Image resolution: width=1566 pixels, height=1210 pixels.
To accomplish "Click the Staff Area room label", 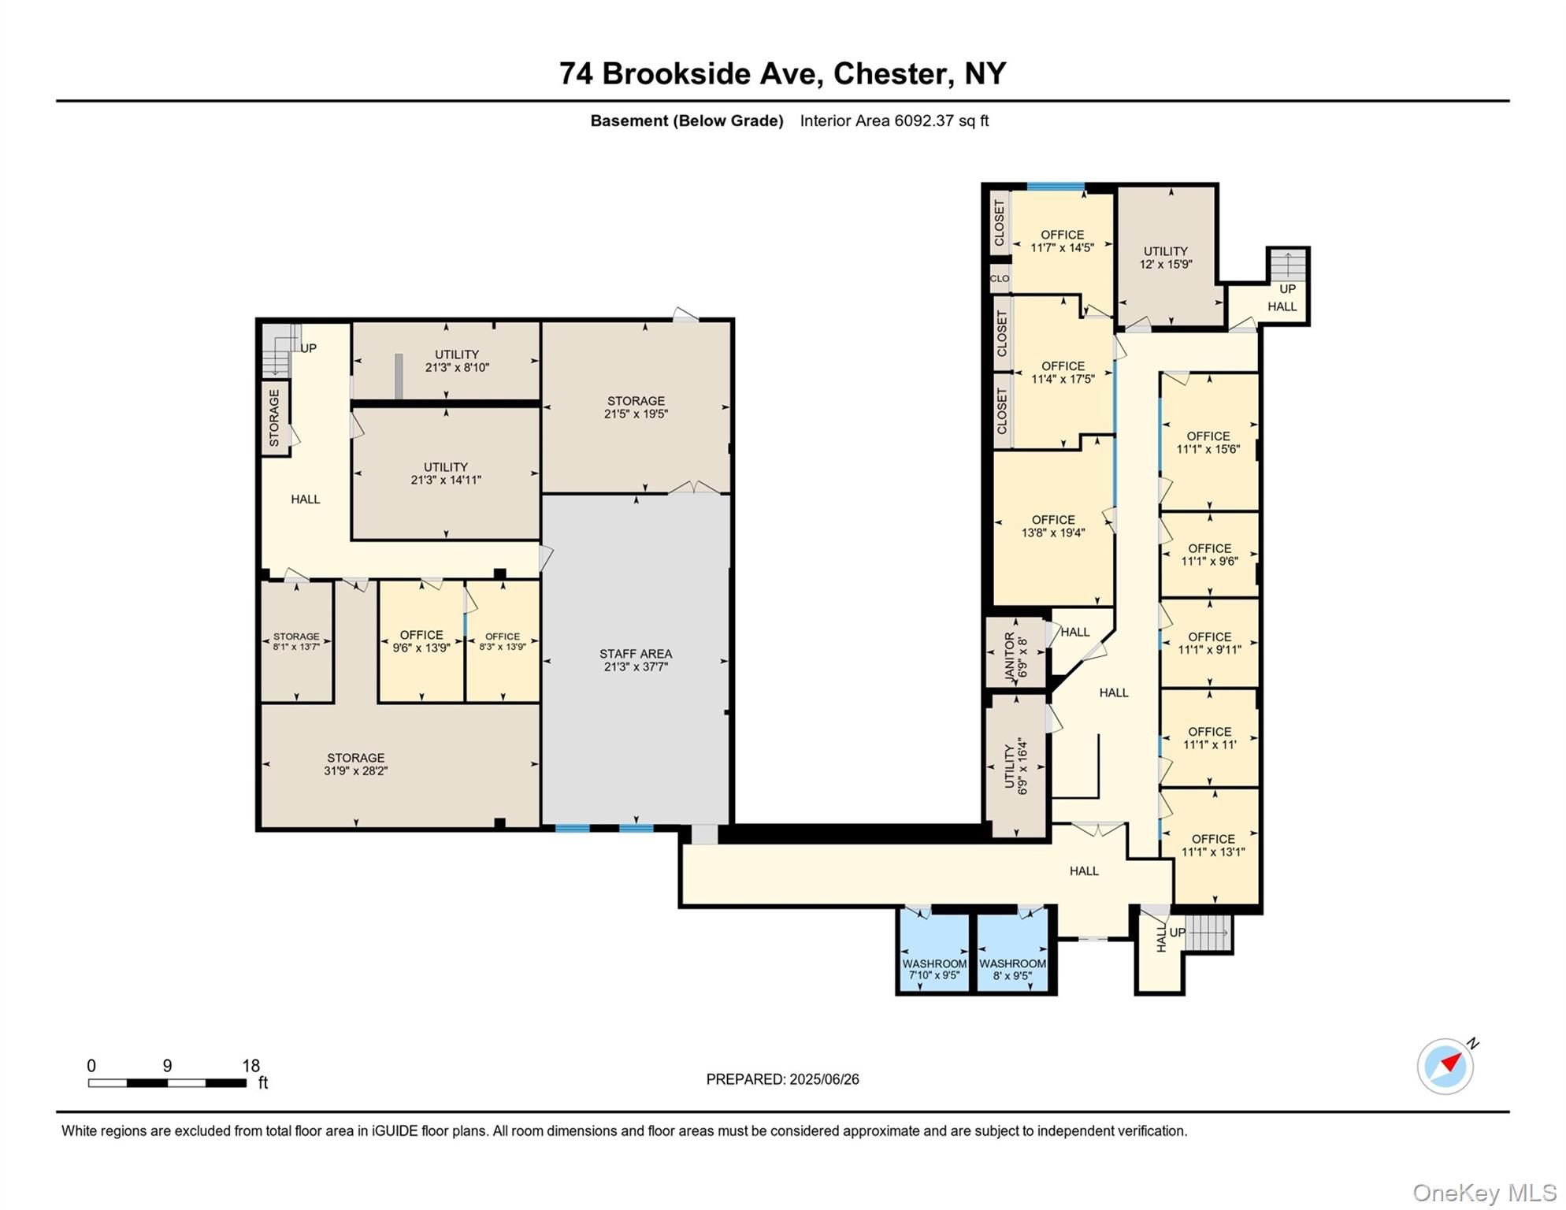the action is coord(635,660).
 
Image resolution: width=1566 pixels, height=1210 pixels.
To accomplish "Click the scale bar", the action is coord(167,1083).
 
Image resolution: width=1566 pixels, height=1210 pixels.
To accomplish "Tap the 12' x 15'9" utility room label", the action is coord(1166,258).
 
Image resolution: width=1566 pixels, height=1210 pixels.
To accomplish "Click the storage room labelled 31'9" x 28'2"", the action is coord(356,764).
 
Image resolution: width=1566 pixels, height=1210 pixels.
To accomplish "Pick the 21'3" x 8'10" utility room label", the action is coord(457,361).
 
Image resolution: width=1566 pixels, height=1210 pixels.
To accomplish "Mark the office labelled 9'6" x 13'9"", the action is coord(421,641).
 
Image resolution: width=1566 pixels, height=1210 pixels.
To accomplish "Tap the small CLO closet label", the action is coord(1000,278).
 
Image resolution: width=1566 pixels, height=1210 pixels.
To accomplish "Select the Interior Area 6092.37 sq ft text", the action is coord(894,121).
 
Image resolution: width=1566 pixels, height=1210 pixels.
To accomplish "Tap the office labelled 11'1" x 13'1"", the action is coord(1213,845).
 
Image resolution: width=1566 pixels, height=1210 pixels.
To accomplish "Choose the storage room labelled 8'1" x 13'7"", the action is coord(296,641).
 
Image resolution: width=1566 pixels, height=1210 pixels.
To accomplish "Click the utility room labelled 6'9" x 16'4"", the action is coord(1016,766).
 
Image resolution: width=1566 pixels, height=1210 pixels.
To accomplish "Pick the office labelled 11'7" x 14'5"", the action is coord(1062,241).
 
